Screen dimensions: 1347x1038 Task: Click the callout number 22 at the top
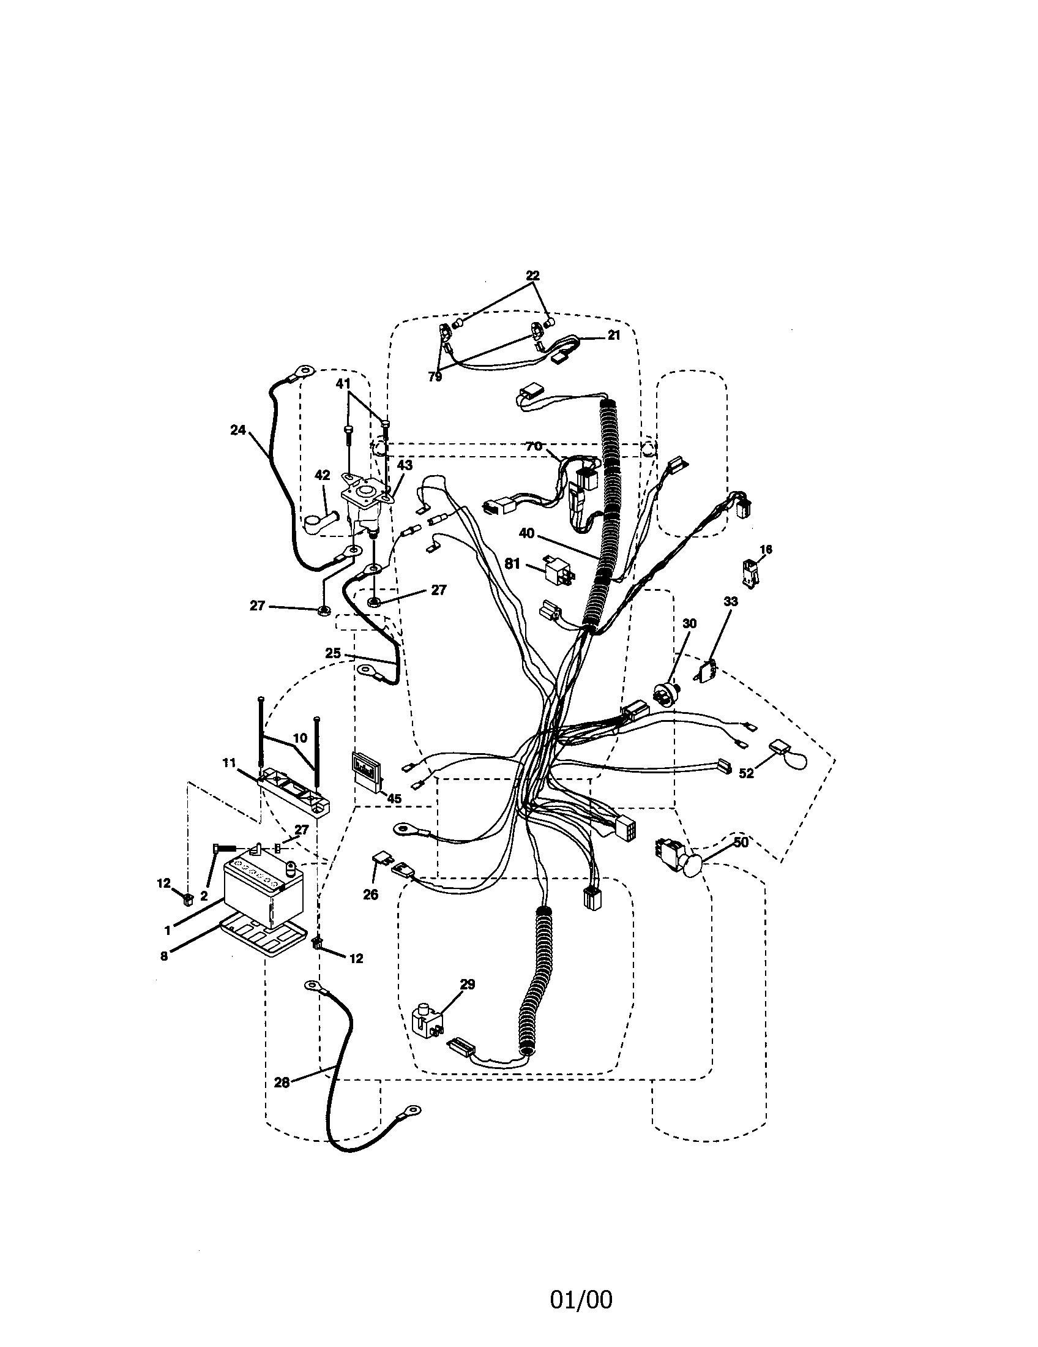pos(532,276)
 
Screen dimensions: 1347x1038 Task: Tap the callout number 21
pos(613,335)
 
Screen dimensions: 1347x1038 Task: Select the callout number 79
pos(435,376)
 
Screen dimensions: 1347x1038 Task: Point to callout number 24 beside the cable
pos(238,430)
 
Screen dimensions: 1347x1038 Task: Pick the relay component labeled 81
pos(559,568)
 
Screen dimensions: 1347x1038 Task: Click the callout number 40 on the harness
pos(526,533)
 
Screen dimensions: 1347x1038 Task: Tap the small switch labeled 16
pos(750,572)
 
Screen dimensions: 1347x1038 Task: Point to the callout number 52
pos(747,774)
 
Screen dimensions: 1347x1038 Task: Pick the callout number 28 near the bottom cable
pos(282,1082)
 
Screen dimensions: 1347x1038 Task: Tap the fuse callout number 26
pos(370,894)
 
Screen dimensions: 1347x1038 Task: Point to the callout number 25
pos(332,653)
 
